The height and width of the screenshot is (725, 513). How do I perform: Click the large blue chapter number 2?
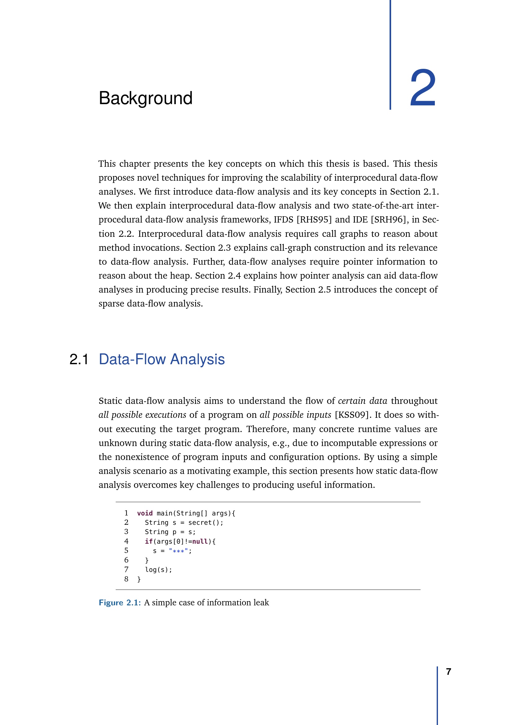(x=423, y=88)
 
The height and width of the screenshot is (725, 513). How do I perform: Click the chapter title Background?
(x=146, y=98)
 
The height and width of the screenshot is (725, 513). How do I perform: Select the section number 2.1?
(x=79, y=360)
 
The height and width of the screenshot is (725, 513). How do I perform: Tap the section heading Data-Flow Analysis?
(x=162, y=360)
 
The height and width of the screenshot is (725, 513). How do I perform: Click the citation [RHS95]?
(x=314, y=220)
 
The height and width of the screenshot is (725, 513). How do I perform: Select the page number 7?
(x=448, y=672)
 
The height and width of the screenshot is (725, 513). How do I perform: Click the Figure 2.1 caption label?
(x=120, y=603)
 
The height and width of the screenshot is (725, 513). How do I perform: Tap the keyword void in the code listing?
(x=145, y=513)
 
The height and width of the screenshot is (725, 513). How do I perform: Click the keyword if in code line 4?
(x=149, y=542)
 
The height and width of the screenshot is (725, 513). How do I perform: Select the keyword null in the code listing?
(x=200, y=542)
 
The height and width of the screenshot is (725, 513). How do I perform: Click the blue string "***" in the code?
(x=178, y=551)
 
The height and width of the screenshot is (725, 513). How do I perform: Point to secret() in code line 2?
(x=205, y=523)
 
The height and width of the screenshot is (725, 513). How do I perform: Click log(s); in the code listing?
(x=158, y=570)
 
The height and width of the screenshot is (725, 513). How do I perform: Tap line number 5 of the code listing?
(x=126, y=551)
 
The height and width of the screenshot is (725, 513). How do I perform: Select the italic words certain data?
(x=362, y=401)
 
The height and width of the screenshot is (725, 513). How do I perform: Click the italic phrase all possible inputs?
(x=295, y=415)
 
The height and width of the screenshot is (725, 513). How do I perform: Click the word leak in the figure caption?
(x=261, y=603)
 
